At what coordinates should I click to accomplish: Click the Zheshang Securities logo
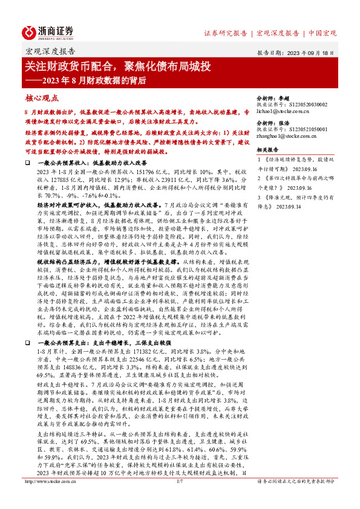click(48, 31)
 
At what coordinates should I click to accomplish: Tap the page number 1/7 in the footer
click(179, 498)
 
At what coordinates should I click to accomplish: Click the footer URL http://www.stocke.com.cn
click(48, 498)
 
